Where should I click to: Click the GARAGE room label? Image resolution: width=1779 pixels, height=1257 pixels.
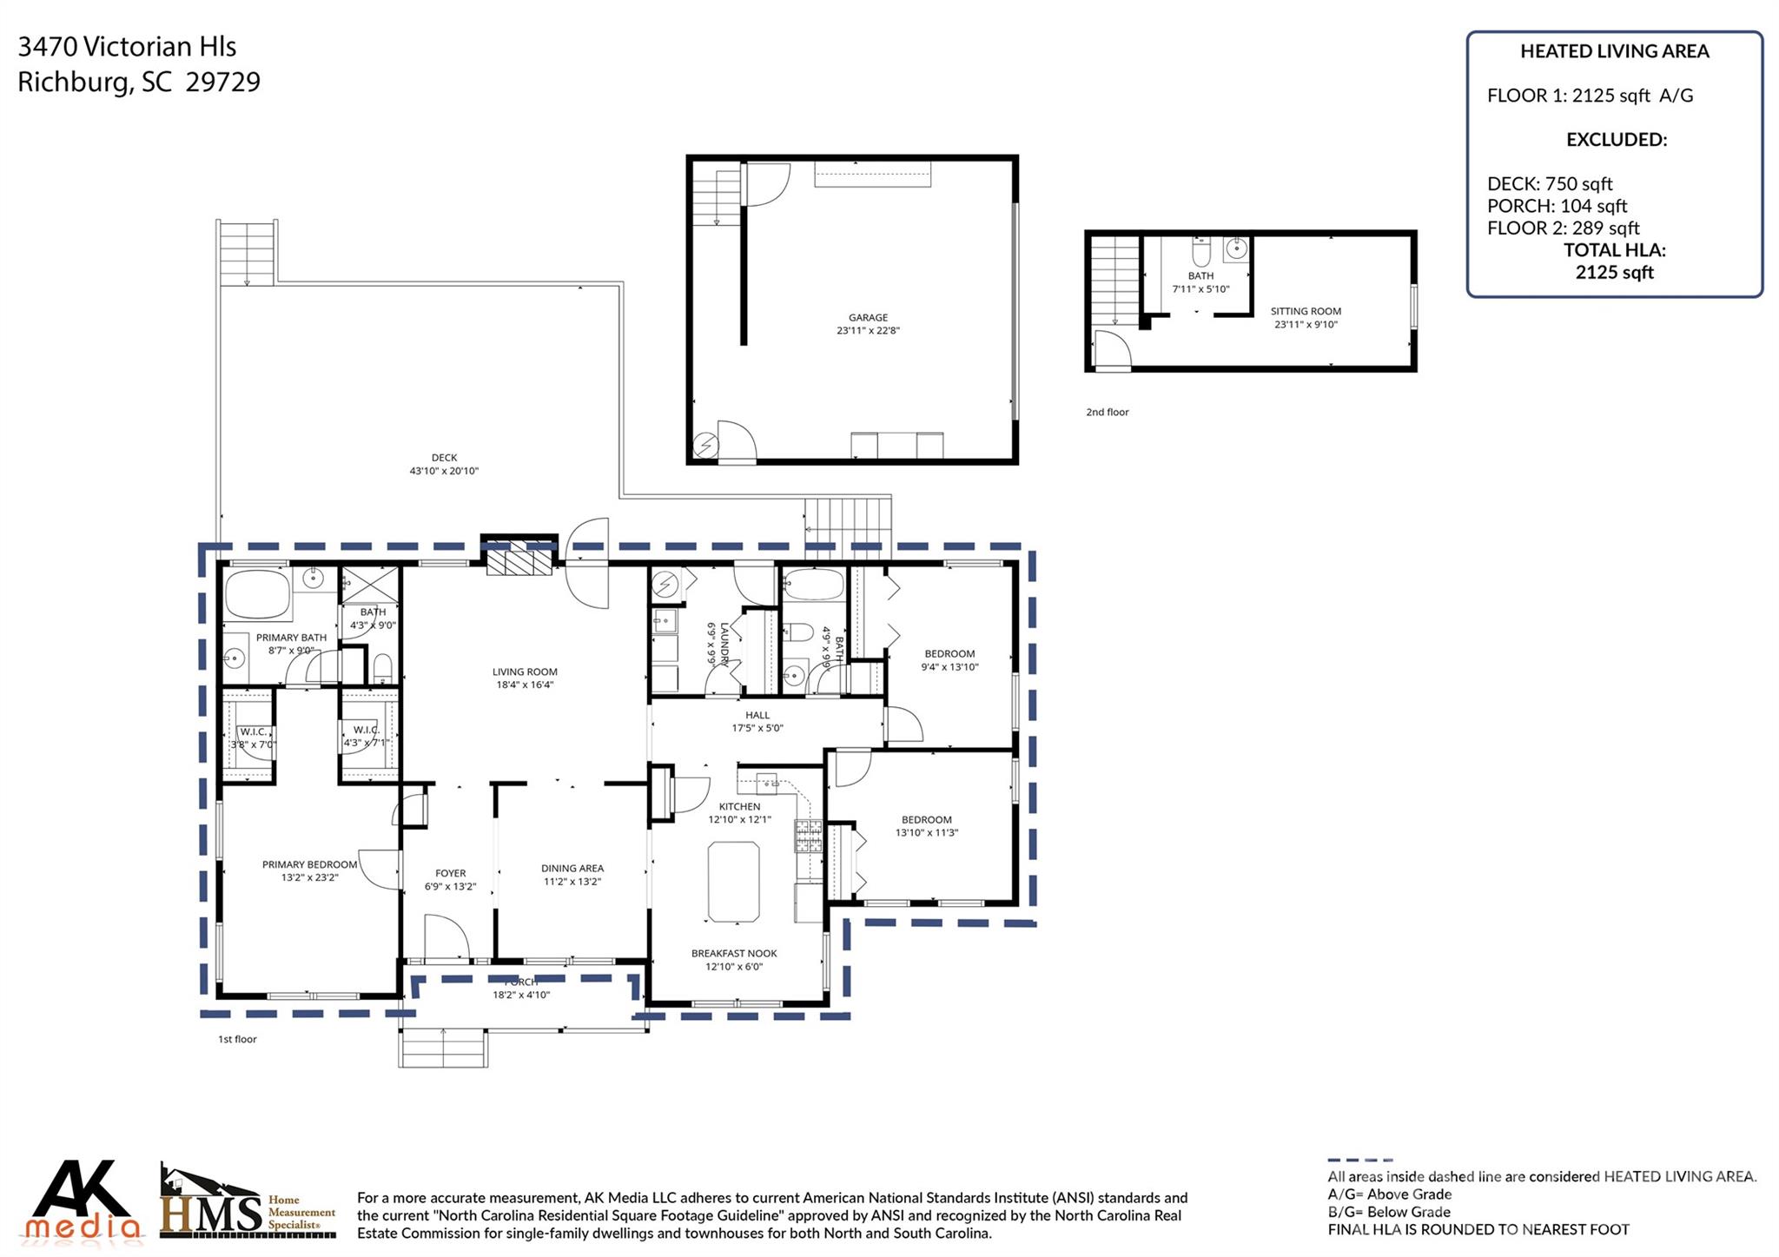click(x=868, y=318)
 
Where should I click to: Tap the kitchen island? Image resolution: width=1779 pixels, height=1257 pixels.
click(x=734, y=881)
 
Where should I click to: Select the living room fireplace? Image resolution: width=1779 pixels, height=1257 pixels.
click(x=519, y=558)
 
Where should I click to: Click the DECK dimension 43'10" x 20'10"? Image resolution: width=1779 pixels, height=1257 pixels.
click(x=444, y=471)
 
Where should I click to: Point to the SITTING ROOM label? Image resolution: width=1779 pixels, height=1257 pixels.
click(x=1306, y=311)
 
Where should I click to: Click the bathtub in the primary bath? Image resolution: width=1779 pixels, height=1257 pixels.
click(x=257, y=594)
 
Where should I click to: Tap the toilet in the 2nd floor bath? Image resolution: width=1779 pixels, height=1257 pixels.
click(x=1201, y=253)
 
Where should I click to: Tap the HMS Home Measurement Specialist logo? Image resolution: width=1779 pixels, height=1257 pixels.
click(x=248, y=1203)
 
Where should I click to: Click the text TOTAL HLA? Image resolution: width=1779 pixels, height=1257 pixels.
click(x=1614, y=250)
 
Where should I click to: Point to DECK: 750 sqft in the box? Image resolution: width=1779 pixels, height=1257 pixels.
click(x=1549, y=184)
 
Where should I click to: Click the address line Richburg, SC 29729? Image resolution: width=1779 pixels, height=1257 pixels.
click(x=139, y=82)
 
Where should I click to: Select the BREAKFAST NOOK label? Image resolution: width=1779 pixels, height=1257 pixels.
click(x=734, y=953)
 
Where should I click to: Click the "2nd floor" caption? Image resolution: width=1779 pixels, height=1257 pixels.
click(x=1107, y=412)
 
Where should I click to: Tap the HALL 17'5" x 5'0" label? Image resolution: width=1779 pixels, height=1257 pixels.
click(x=757, y=722)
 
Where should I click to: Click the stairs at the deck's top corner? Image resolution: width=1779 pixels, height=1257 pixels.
click(x=248, y=250)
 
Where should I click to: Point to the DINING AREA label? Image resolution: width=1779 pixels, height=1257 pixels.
click(x=572, y=868)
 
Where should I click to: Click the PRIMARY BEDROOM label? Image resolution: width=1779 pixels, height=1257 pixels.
click(x=309, y=864)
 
